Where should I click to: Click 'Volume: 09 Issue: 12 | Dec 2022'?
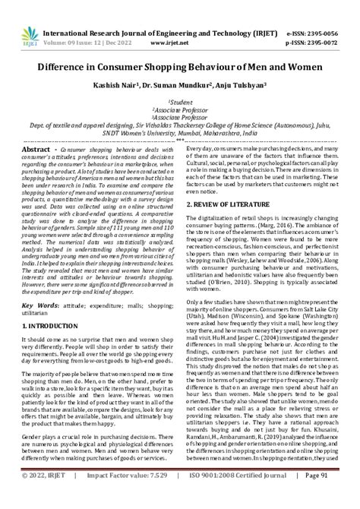90,24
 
